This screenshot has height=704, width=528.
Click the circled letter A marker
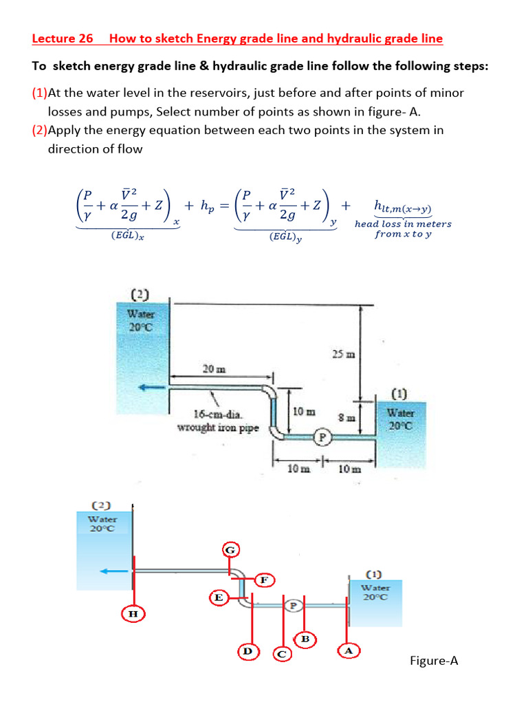pos(349,650)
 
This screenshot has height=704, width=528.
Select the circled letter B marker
pos(305,639)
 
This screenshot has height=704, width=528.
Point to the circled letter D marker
pos(248,650)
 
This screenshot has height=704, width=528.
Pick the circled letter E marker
pos(218,597)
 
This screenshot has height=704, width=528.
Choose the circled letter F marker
pos(263,580)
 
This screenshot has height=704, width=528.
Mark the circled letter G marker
pos(231,549)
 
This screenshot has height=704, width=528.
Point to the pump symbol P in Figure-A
pos(293,606)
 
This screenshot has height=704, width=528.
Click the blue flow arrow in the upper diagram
pos(153,388)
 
